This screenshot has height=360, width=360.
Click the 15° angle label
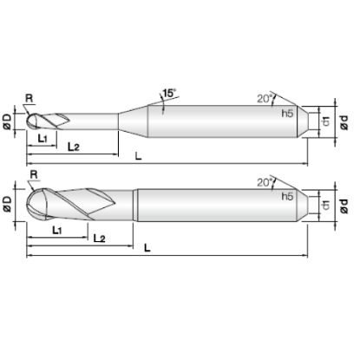pos(169,93)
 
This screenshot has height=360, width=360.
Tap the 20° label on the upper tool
pos(265,99)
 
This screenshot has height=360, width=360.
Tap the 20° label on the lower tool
pos(265,183)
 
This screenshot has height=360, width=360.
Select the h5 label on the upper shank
pos(287,114)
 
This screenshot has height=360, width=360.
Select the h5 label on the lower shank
pos(287,197)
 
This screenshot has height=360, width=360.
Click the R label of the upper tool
pos(29,98)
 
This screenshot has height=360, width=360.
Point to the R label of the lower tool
pos(34,174)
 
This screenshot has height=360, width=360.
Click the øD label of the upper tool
pos(7,121)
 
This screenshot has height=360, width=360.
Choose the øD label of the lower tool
pos(7,204)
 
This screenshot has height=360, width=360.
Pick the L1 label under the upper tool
pos(43,139)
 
